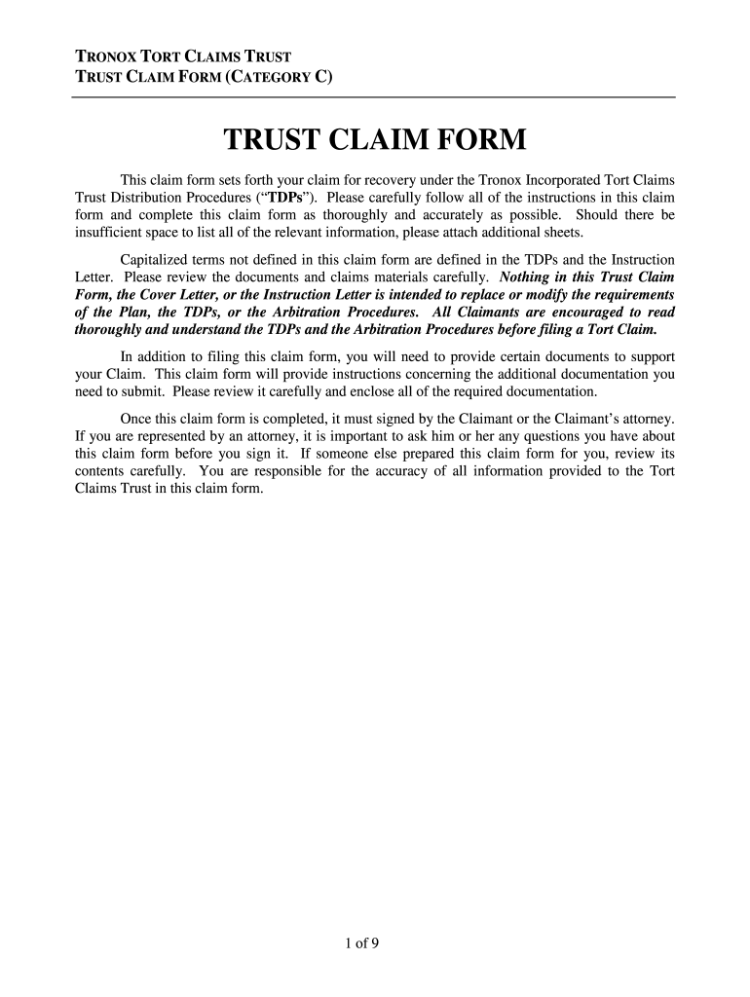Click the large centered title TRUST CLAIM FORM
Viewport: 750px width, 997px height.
click(x=375, y=140)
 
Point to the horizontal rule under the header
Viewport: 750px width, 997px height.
click(x=375, y=97)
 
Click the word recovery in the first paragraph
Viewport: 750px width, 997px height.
click(x=372, y=180)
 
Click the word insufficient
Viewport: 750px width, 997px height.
click(x=111, y=233)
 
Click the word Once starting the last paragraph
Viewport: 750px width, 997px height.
click(x=136, y=419)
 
